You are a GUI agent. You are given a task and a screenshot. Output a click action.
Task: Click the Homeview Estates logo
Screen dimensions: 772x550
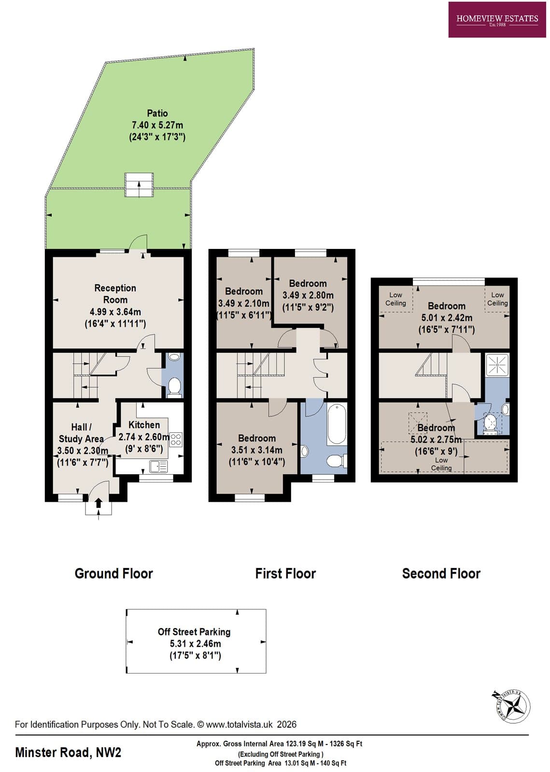(x=497, y=20)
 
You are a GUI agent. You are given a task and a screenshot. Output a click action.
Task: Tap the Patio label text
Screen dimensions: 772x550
(x=157, y=113)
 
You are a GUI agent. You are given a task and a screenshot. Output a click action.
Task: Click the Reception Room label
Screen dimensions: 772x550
(x=115, y=294)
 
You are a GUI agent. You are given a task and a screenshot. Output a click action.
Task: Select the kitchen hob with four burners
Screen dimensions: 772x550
(x=176, y=439)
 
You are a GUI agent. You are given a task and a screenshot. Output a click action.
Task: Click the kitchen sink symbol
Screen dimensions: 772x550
(x=158, y=466)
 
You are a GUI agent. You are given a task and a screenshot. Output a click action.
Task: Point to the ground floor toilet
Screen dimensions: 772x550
(x=174, y=386)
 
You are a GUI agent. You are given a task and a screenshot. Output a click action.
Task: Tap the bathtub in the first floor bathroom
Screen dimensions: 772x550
(x=337, y=425)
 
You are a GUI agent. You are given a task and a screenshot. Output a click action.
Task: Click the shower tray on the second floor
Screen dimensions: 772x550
(x=497, y=365)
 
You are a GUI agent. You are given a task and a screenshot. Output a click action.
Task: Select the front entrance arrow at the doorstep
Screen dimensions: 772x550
(x=99, y=503)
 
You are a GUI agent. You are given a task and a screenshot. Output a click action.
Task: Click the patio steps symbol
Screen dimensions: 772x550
(x=139, y=185)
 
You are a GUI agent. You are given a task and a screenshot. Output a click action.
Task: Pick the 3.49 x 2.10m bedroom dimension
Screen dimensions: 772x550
(x=244, y=303)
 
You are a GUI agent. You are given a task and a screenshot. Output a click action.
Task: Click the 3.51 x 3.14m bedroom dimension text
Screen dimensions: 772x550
(x=257, y=450)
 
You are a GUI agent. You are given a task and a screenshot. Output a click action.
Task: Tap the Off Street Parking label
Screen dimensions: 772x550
(x=194, y=632)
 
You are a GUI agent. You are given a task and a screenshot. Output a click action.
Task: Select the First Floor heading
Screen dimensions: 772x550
(x=285, y=574)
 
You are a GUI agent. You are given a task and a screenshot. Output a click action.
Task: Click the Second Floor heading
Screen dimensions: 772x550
(x=441, y=574)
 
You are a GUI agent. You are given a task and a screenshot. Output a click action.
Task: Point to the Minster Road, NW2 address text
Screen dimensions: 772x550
(x=68, y=752)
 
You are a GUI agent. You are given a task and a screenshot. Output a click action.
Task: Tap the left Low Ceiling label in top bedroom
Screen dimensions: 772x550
(x=395, y=299)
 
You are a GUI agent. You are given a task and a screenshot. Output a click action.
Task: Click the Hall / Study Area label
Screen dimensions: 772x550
(x=81, y=433)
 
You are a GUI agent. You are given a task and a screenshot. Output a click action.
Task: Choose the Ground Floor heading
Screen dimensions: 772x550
(x=113, y=574)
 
